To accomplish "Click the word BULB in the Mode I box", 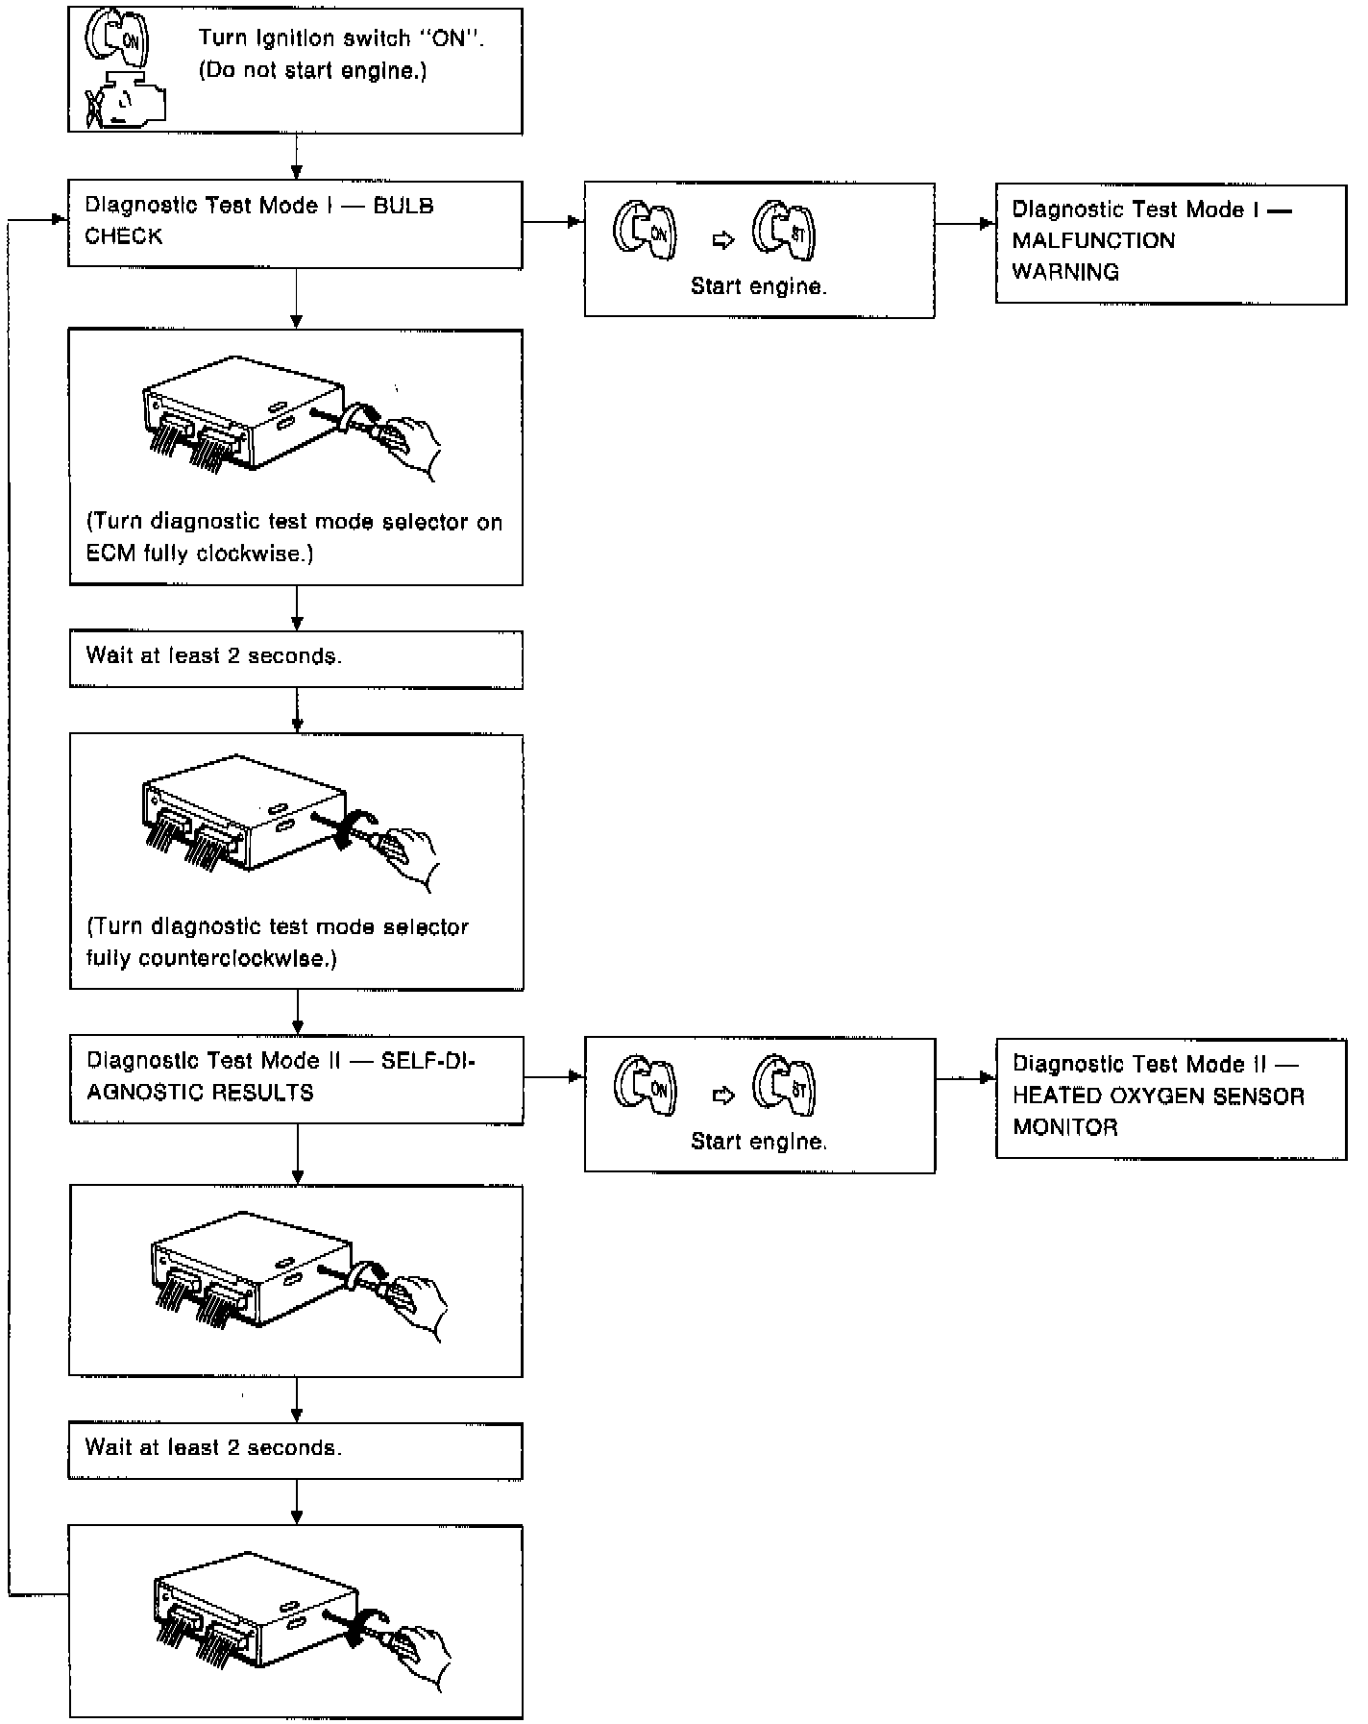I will click(403, 206).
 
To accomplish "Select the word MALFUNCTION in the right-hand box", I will click(1093, 240).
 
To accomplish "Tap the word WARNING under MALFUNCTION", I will click(1065, 272).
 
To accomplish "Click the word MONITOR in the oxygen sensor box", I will click(1065, 1127).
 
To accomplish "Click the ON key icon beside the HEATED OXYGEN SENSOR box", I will click(646, 1086).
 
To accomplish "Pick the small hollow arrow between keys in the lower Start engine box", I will click(723, 1095).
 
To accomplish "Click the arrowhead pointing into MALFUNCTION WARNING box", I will click(987, 224).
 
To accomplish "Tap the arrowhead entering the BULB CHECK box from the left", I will click(60, 220).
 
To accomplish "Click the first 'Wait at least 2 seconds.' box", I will click(296, 658).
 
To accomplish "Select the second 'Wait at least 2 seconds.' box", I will click(296, 1450).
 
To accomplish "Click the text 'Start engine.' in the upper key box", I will click(759, 286).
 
